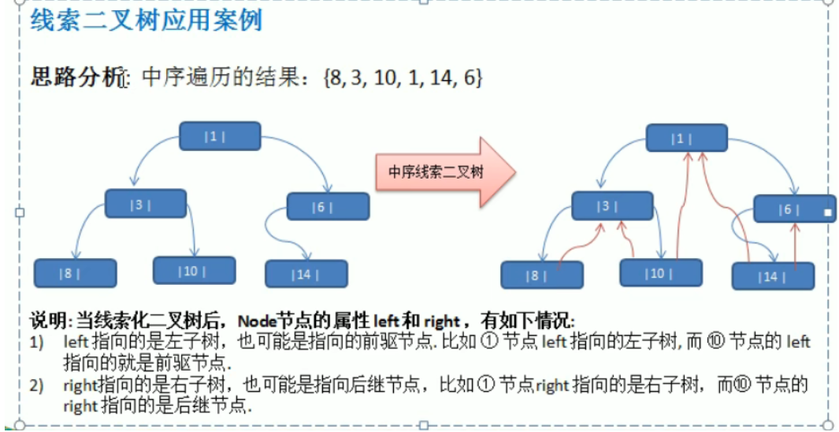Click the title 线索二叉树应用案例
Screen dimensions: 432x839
point(146,20)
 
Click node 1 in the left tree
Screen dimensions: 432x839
point(220,136)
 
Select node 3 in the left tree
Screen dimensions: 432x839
point(146,204)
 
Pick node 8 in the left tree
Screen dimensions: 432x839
point(75,273)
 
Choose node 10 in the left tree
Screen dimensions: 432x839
point(194,271)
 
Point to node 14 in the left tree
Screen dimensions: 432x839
point(306,274)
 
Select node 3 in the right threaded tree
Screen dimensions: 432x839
point(612,205)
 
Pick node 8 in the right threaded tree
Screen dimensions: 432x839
point(542,275)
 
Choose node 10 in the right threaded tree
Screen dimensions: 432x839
point(660,273)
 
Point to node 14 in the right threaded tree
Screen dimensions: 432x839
point(772,276)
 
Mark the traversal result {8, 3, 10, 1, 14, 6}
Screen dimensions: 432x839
point(402,77)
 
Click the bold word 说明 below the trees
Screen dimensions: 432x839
point(47,321)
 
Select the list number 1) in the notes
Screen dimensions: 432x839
point(37,342)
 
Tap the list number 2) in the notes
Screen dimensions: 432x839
point(37,386)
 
